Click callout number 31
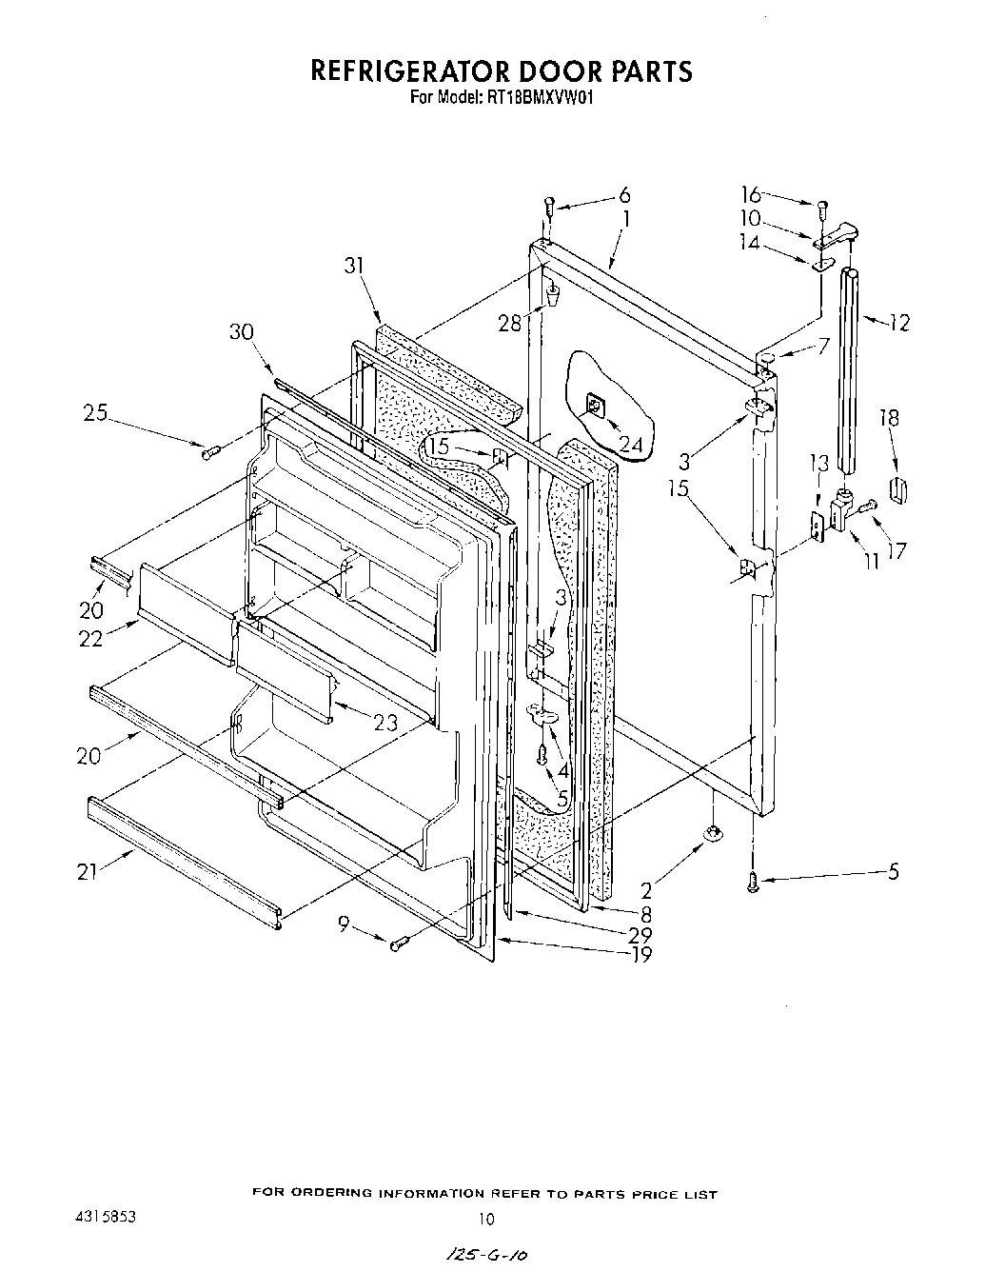(355, 268)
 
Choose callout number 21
(88, 870)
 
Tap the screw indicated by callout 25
(210, 449)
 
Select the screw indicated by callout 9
(399, 943)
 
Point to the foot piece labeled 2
(710, 835)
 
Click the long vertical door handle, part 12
(847, 369)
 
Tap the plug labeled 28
(550, 303)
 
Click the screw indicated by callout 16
(823, 208)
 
